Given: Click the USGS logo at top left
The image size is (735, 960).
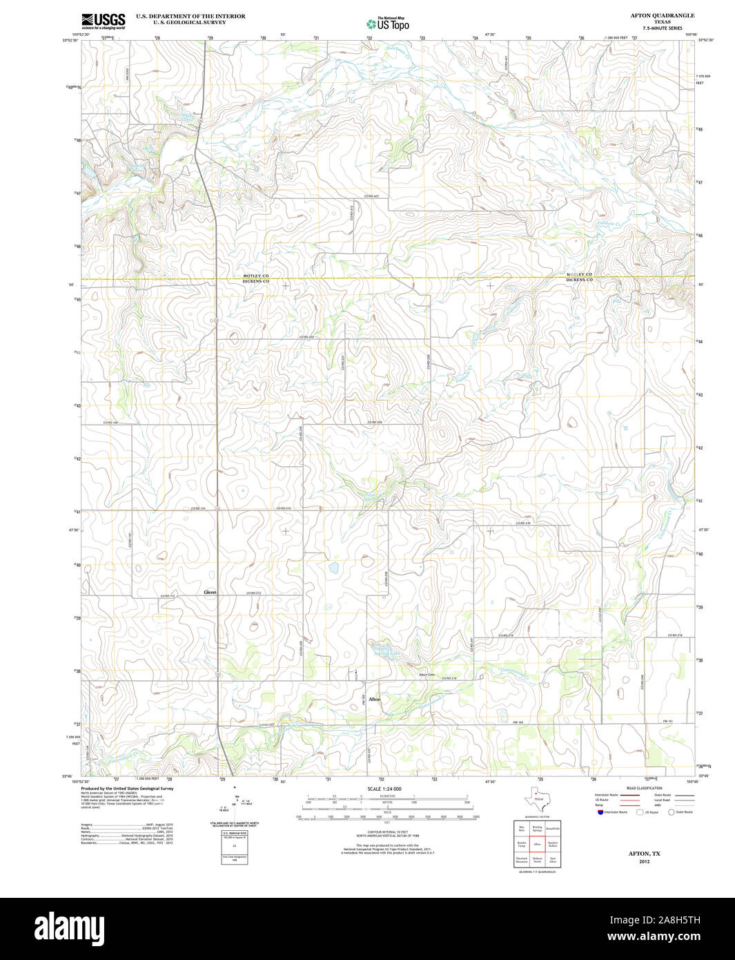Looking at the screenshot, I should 103,21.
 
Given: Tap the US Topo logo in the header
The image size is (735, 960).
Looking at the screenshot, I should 388,23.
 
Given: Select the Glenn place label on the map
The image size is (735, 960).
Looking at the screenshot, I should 210,593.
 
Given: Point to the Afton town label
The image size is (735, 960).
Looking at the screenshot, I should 374,700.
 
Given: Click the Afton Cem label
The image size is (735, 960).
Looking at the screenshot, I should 427,675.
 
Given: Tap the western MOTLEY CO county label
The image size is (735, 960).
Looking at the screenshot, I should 255,276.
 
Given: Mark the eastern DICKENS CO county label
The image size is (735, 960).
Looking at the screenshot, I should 579,280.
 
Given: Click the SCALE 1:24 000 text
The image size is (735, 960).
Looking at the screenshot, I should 384,789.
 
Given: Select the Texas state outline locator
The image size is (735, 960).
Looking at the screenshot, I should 534,799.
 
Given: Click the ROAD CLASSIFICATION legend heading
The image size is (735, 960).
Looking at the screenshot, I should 644,788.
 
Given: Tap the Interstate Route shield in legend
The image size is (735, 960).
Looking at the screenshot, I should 600,812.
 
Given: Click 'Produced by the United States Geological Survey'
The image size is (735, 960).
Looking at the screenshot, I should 127,788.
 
